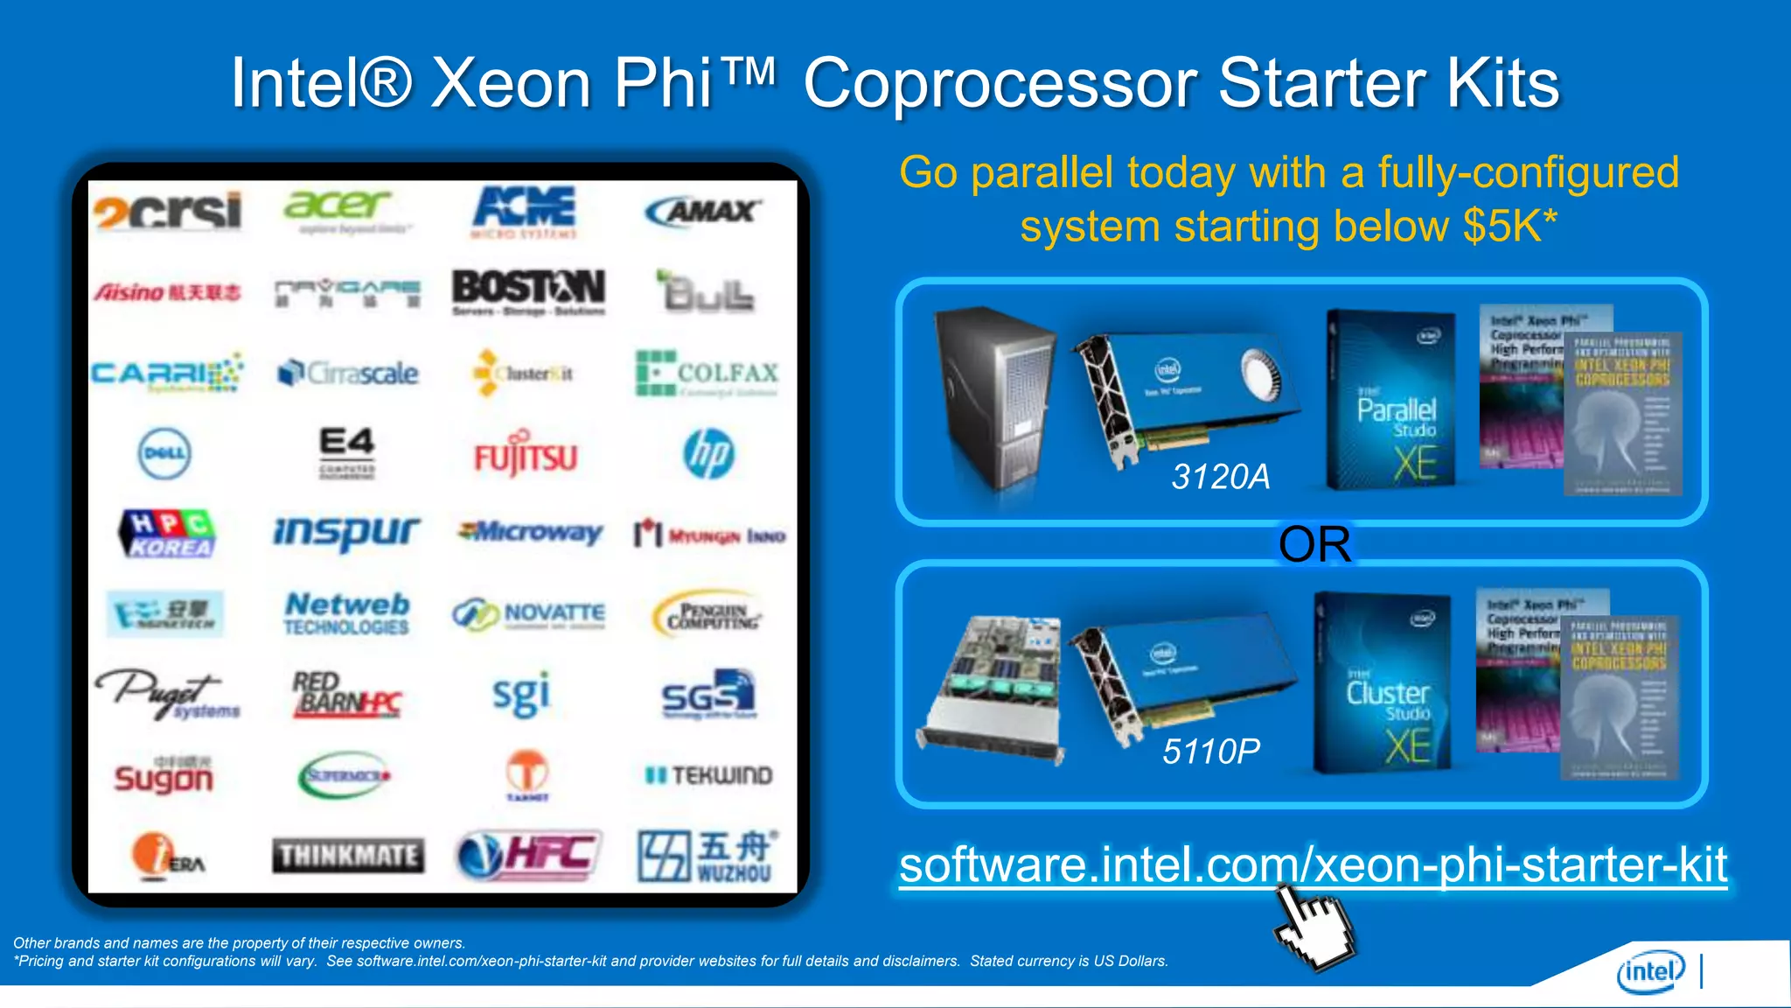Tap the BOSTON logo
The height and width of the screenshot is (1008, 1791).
click(x=528, y=290)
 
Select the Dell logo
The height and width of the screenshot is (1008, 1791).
click(x=164, y=453)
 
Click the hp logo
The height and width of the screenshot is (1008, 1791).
click(x=708, y=453)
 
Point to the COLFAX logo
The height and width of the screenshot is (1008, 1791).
click(x=707, y=374)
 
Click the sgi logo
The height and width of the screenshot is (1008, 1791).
click(x=521, y=696)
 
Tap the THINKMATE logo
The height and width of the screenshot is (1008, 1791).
click(x=348, y=855)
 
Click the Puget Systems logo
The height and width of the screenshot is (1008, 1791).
click(x=166, y=696)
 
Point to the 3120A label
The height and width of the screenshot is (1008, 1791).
click(x=1220, y=477)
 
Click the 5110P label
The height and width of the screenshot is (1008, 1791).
click(x=1211, y=751)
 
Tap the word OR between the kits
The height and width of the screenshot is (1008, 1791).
click(x=1314, y=544)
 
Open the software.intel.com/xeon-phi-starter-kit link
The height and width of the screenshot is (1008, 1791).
click(x=1312, y=864)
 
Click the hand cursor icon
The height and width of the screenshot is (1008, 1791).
click(x=1312, y=927)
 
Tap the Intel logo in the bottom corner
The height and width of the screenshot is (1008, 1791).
click(x=1650, y=971)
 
